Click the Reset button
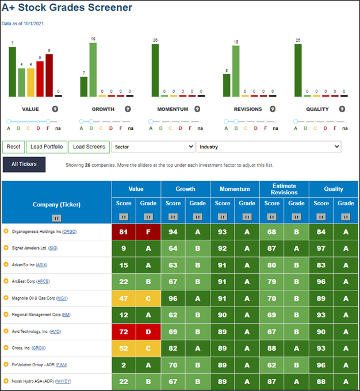pos(13,147)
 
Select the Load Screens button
pos(89,147)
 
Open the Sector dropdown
pos(153,147)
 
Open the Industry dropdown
pos(269,147)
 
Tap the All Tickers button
pos(24,164)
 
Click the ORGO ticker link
pos(70,232)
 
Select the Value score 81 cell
pos(124,232)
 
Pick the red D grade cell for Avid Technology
pos(148,332)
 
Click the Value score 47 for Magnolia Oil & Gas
pos(124,298)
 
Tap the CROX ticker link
pos(39,348)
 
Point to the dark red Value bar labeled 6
pos(49,75)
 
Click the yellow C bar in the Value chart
pos(30,83)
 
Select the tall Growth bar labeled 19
pos(93,70)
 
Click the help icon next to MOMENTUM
pos(197,109)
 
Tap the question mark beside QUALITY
pos(342,109)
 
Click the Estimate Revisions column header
pos(284,189)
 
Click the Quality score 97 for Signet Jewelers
pos(321,248)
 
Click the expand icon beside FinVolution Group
pos(6,365)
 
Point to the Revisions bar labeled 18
pos(236,71)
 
